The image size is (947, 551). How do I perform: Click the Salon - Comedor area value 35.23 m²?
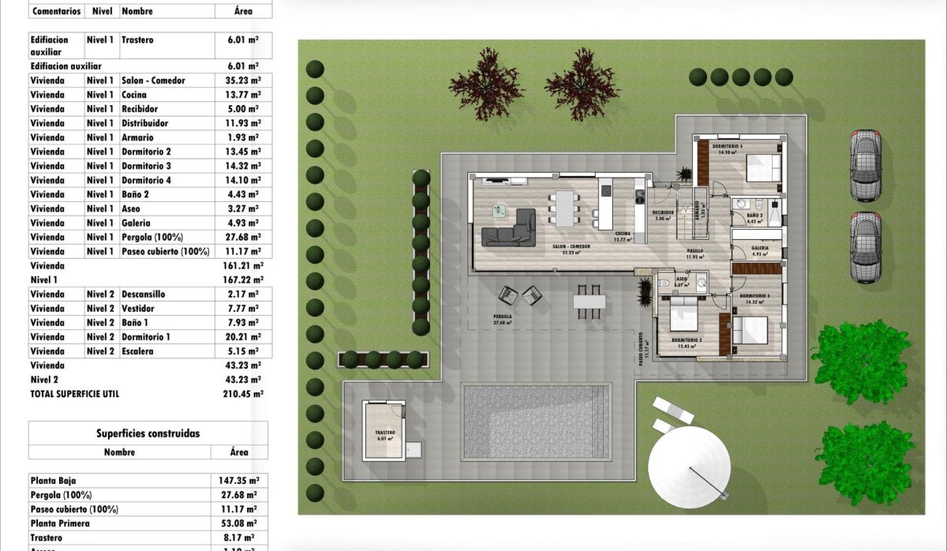[243, 81]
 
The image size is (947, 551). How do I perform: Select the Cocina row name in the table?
[133, 95]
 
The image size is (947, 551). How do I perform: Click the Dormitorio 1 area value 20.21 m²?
[243, 337]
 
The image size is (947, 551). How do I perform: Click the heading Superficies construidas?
[148, 433]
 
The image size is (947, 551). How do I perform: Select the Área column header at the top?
[243, 12]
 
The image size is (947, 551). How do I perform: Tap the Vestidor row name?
[138, 309]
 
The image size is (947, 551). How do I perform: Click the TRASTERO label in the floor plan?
[384, 433]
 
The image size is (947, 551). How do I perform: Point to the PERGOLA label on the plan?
[501, 317]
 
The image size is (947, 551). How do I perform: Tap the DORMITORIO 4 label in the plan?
[727, 147]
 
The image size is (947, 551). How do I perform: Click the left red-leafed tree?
[486, 83]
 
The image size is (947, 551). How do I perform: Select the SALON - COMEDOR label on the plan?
[571, 246]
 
